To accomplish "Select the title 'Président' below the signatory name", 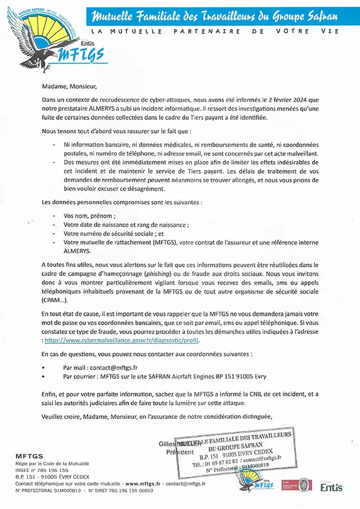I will [182, 452].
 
